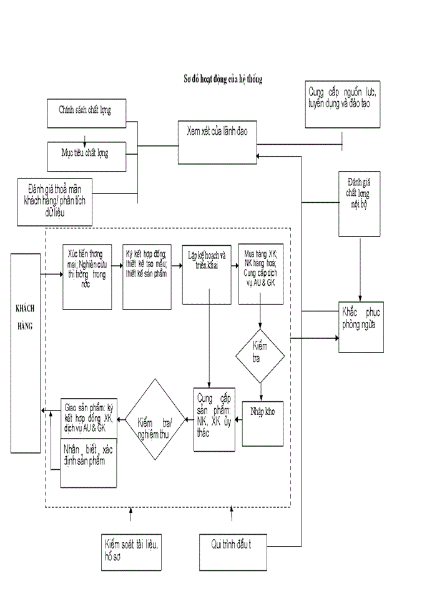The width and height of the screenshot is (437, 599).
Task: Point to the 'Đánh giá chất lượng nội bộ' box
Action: click(x=359, y=203)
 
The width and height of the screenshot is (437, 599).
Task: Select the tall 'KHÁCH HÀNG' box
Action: click(x=26, y=353)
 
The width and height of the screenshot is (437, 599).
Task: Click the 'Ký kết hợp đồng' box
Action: click(x=147, y=267)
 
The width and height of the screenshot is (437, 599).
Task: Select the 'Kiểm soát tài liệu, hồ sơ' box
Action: click(x=131, y=551)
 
